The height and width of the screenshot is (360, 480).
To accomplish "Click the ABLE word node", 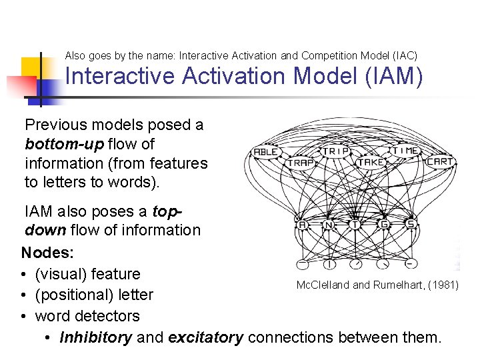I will (265, 152).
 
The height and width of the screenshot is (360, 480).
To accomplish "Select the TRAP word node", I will (301, 162).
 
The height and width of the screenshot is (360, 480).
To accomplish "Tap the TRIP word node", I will (337, 151).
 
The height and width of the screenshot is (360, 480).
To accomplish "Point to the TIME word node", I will (405, 151).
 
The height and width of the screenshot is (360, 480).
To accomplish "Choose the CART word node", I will (439, 161).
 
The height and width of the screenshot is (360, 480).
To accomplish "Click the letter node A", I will (302, 225).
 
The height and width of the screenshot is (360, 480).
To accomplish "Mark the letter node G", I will (383, 225).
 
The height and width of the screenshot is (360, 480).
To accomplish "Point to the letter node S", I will (411, 224).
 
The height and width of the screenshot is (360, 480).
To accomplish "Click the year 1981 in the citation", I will (443, 285).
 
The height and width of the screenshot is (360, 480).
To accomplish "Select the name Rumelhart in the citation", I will (391, 285).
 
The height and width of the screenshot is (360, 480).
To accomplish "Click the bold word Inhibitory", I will (95, 337).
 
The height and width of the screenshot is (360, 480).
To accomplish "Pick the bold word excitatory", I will (205, 337).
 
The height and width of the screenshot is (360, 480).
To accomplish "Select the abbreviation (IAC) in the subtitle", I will (402, 55).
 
